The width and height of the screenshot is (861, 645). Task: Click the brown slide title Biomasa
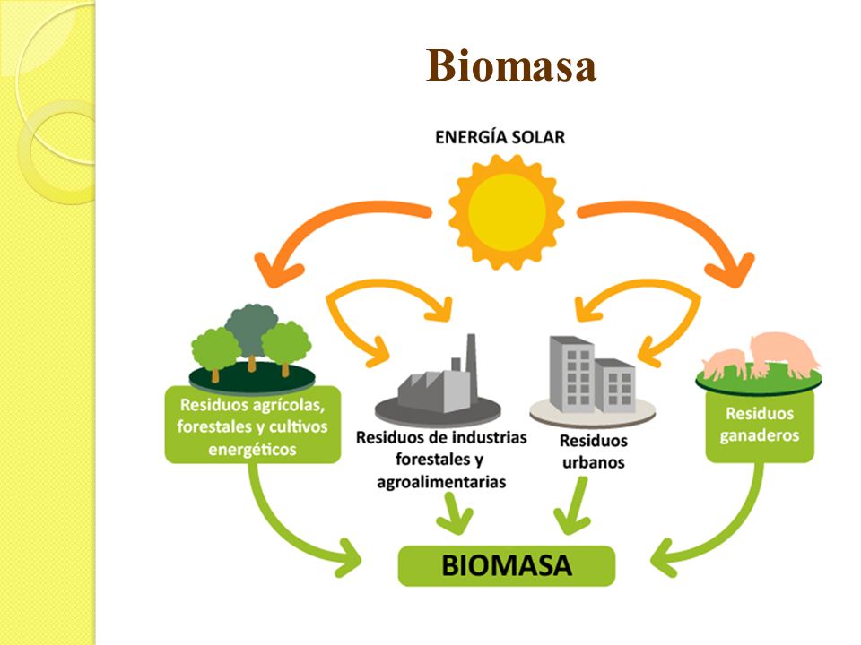point(510,65)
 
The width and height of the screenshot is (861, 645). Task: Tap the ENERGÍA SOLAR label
point(500,137)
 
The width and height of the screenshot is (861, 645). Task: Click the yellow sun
point(507,211)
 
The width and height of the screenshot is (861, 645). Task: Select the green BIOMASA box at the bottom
point(506,565)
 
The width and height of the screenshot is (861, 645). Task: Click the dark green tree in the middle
point(252,331)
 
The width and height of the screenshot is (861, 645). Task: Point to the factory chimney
point(471,365)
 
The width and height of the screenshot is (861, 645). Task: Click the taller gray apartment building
point(571,374)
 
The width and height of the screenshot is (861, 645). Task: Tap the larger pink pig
point(784,353)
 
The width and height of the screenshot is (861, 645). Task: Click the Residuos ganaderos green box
point(760,425)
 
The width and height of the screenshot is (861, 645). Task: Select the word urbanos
point(594,462)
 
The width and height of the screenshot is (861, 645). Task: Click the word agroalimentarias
point(441,482)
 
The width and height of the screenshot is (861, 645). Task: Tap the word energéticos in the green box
point(253,450)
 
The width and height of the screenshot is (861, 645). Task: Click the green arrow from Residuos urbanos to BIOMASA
point(574,505)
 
